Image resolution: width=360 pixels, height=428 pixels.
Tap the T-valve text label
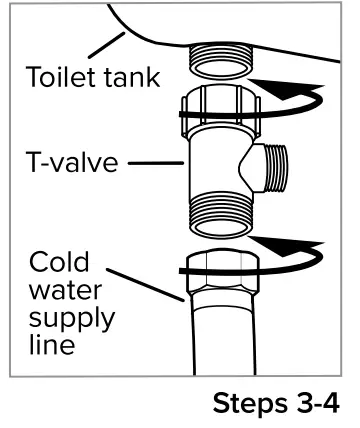[x=67, y=163]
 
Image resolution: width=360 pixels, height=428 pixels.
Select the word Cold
[x=58, y=262]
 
